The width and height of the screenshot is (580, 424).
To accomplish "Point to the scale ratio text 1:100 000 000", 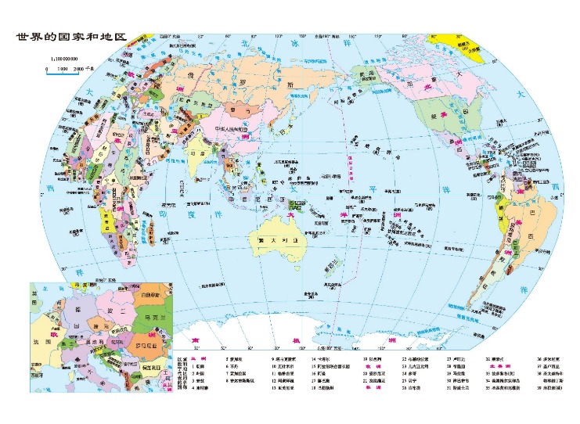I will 67,59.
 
